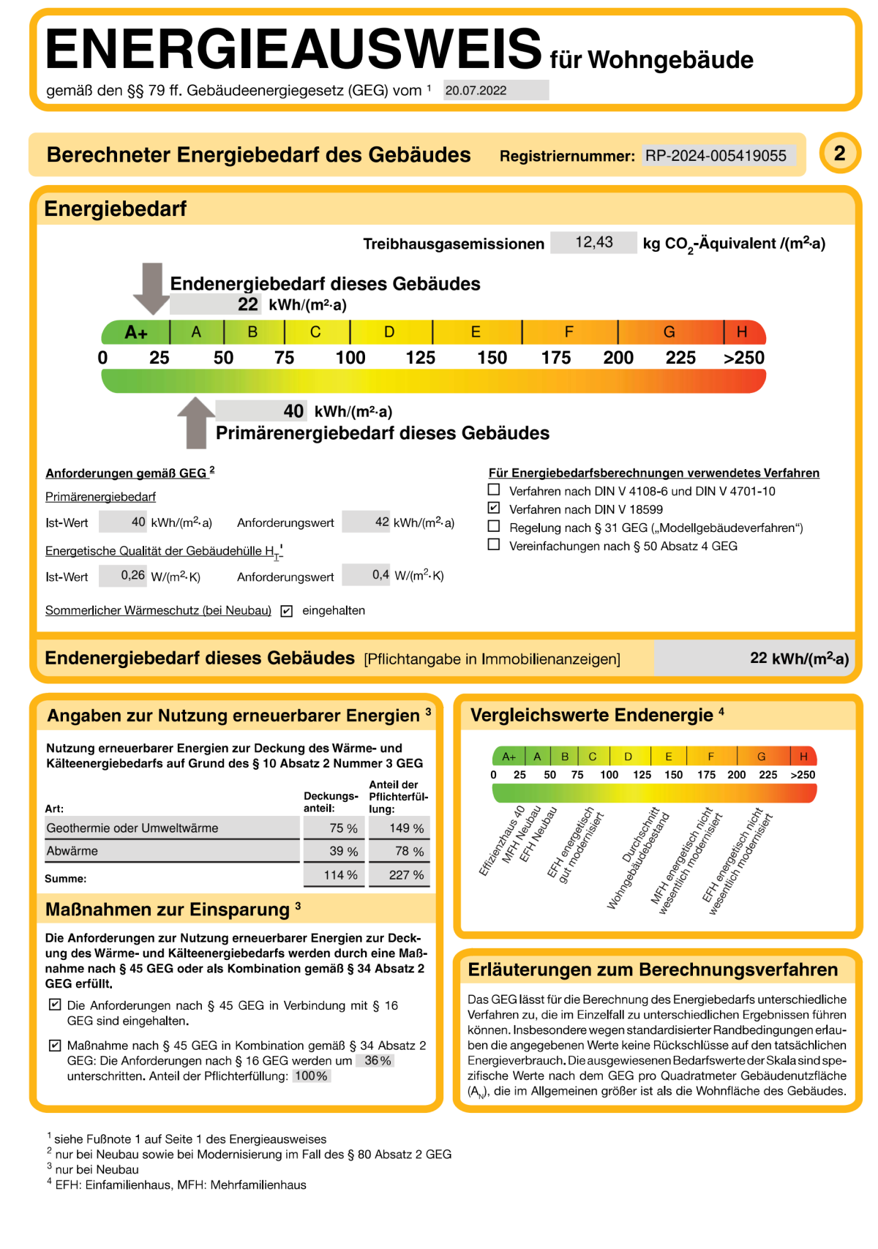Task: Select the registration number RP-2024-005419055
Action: pos(716,155)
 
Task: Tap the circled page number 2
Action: pos(839,153)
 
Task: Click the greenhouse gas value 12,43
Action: pos(593,242)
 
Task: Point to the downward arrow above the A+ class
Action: pos(151,288)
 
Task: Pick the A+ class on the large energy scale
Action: pos(136,332)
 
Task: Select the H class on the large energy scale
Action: pos(742,332)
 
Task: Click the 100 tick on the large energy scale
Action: pos(350,358)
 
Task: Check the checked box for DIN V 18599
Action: pos(494,508)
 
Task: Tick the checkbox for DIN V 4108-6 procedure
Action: pos(494,490)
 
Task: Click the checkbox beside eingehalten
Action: pos(287,611)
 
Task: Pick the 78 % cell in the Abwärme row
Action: pos(399,852)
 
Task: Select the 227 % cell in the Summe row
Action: pos(399,875)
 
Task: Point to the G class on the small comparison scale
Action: pos(762,757)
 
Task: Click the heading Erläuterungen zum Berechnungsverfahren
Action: pos(653,969)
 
